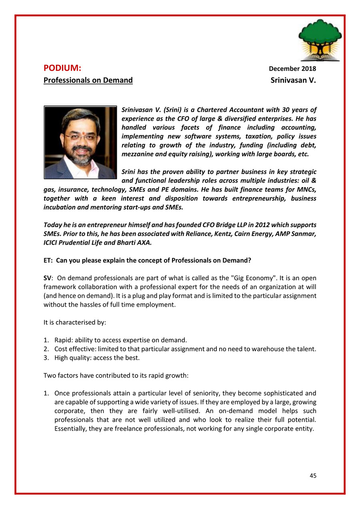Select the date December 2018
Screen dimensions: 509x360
pyautogui.click(x=292, y=69)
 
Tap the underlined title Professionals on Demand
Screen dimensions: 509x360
pyautogui.click(x=88, y=80)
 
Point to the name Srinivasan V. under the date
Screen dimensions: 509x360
pyautogui.click(x=293, y=80)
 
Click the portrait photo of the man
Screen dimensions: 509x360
pyautogui.click(x=80, y=142)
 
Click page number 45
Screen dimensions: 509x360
pyautogui.click(x=313, y=475)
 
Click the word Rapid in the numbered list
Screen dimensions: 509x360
pyautogui.click(x=62, y=340)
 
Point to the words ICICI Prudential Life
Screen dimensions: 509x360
pyautogui.click(x=76, y=242)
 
